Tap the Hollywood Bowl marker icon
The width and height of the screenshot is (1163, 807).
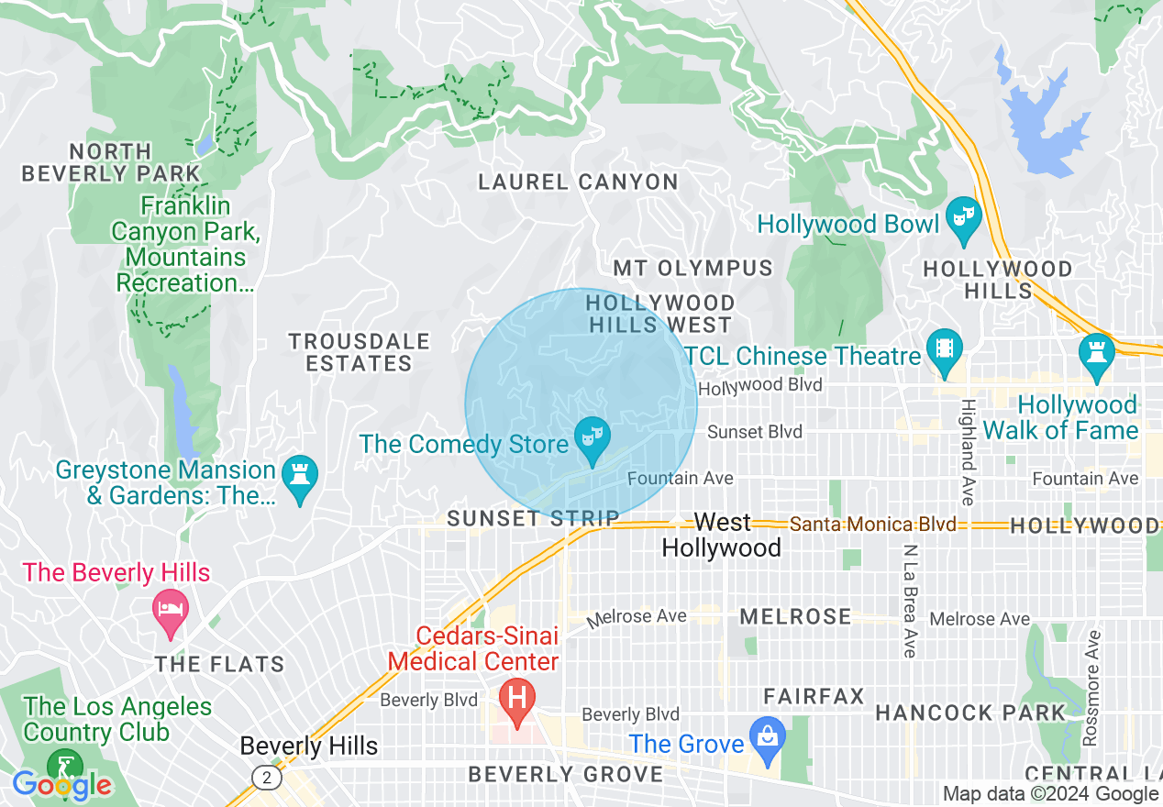click(963, 218)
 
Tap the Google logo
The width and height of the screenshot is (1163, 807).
click(61, 785)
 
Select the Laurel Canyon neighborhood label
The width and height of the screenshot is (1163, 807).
click(578, 182)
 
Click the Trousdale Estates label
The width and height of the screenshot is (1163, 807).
click(359, 352)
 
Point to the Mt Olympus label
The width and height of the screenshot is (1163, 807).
click(692, 269)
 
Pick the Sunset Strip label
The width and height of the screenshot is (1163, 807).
click(533, 519)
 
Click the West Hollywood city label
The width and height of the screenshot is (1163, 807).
click(722, 535)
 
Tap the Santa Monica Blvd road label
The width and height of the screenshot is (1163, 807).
click(872, 525)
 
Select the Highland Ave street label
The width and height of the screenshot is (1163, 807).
click(967, 452)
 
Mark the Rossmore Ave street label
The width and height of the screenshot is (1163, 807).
click(1091, 687)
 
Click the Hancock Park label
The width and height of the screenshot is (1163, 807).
click(969, 713)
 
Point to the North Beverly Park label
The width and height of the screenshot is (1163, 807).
click(110, 162)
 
